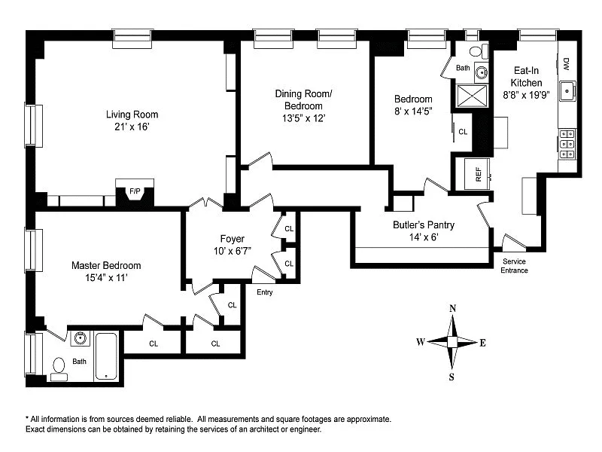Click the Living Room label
click(132, 115)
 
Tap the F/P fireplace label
click(135, 191)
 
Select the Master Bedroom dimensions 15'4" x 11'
click(105, 278)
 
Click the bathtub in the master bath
click(105, 356)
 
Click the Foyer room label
click(233, 239)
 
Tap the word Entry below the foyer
click(264, 292)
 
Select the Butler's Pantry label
click(424, 224)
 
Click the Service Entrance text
click(515, 266)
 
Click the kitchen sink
click(571, 91)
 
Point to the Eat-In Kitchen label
click(526, 75)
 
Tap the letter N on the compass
click(453, 308)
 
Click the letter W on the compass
click(421, 342)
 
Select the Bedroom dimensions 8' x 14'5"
click(413, 111)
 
